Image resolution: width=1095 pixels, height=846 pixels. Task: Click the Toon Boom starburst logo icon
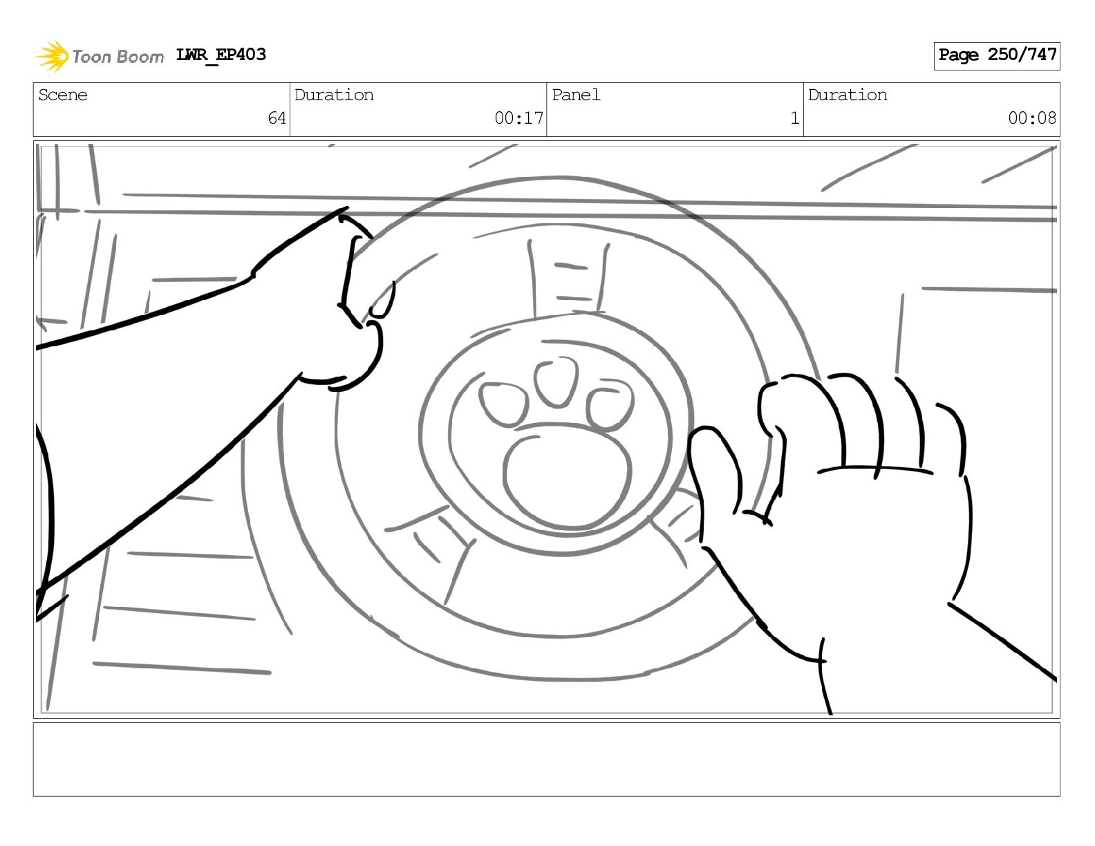[53, 56]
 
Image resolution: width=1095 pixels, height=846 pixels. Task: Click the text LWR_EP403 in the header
[221, 55]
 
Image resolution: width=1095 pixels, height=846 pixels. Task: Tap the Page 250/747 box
[996, 56]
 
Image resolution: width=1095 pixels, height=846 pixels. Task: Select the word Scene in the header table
[62, 95]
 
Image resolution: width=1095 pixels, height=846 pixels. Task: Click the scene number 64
[277, 118]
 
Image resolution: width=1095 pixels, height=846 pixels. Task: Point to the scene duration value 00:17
[518, 118]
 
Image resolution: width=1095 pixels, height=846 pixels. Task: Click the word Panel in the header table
[576, 95]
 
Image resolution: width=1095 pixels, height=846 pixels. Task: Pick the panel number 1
[795, 118]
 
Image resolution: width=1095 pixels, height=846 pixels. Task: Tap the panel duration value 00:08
[1032, 118]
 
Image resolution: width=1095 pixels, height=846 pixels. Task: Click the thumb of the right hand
[715, 469]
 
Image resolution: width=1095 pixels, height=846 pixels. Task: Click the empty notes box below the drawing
[547, 760]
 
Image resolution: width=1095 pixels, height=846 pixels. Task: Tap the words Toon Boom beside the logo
[118, 57]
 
